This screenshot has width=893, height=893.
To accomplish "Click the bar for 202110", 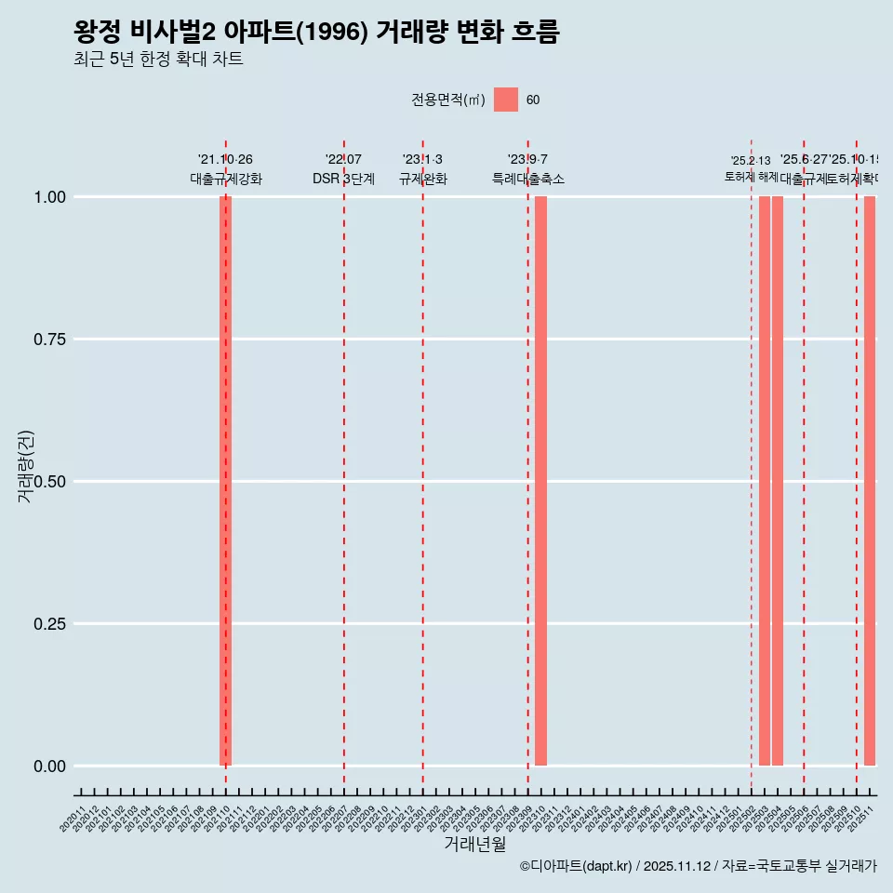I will click(x=225, y=481).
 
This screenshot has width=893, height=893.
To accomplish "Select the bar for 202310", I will click(x=540, y=481).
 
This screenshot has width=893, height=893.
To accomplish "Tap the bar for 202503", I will click(x=765, y=481).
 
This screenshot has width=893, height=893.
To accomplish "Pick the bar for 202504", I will click(x=778, y=481).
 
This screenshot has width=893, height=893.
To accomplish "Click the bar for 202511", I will click(x=870, y=481).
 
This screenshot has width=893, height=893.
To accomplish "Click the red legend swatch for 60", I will click(x=505, y=100).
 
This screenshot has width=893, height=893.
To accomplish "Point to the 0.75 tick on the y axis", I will click(x=47, y=340).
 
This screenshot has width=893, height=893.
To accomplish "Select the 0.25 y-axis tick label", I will click(x=47, y=624).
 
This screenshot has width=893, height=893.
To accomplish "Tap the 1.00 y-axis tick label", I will click(x=47, y=197).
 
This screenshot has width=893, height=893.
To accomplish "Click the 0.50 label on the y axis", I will click(x=47, y=482).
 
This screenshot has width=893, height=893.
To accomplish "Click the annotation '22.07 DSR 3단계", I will click(x=343, y=169).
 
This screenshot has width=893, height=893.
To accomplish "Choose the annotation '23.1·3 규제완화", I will click(x=422, y=169).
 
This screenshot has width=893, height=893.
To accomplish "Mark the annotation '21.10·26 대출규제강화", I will click(x=225, y=169).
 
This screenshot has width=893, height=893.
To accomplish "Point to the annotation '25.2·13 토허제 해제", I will click(x=751, y=169).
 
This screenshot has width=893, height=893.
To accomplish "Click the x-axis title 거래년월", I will click(x=474, y=845).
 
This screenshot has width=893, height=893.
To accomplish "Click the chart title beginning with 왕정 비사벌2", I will click(x=316, y=32).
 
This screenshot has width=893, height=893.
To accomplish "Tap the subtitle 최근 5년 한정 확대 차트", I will click(x=158, y=60).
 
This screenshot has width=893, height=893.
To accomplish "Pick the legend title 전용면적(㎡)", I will click(x=448, y=100).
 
